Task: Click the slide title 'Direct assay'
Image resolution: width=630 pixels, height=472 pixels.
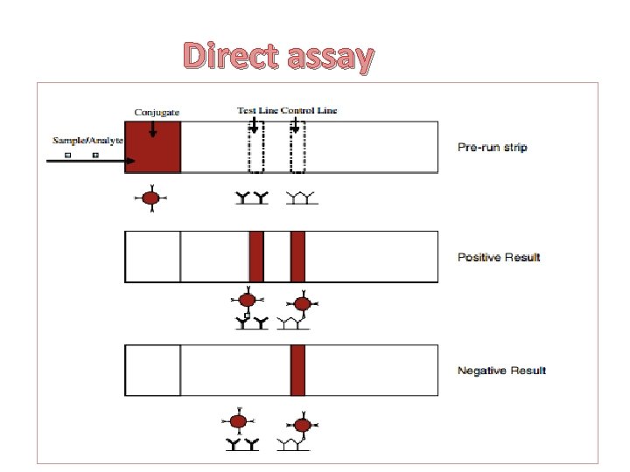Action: pos(278,57)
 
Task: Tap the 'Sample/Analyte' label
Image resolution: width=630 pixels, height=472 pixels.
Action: pos(88,140)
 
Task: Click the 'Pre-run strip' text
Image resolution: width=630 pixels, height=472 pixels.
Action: pos(492,147)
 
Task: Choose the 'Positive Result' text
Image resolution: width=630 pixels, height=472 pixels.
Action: pos(499,257)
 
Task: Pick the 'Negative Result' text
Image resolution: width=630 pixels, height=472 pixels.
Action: pos(501,371)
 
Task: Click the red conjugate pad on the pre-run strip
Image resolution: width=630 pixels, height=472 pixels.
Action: pos(153,147)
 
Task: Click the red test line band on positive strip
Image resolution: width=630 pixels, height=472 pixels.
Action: pos(256,256)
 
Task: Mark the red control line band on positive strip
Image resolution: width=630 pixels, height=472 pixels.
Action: pos(297,256)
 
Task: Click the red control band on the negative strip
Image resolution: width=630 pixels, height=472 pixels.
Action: pos(297,370)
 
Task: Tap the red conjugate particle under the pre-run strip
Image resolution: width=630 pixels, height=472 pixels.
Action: pos(150,198)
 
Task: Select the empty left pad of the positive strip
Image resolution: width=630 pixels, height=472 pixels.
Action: pos(153,256)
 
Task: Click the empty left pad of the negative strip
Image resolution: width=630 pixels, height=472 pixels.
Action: pos(153,370)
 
